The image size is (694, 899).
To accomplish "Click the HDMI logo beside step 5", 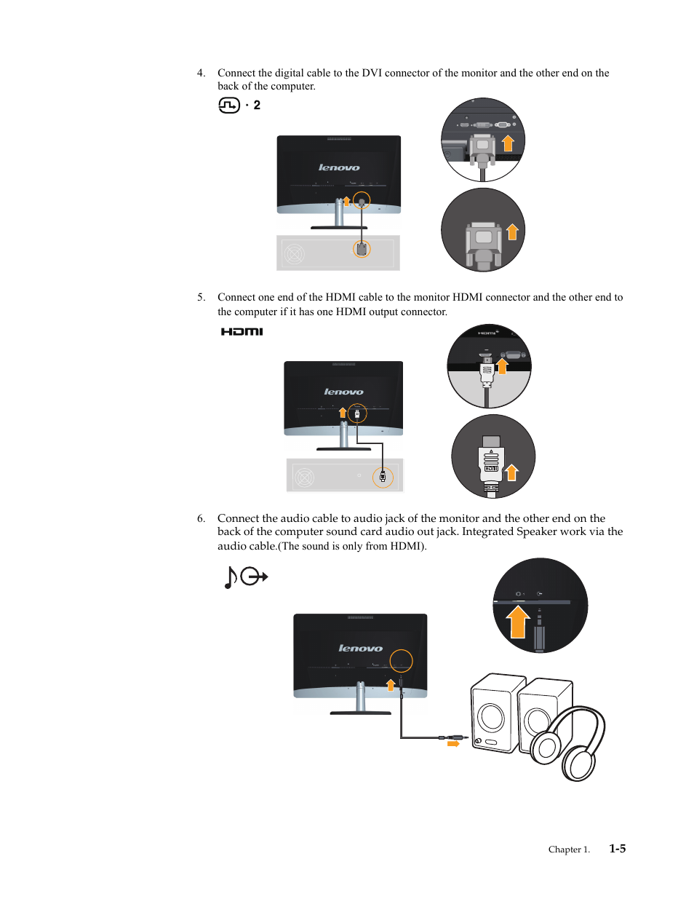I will (x=242, y=332).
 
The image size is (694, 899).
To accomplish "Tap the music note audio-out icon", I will (x=245, y=577).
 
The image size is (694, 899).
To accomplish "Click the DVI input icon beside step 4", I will (x=229, y=106).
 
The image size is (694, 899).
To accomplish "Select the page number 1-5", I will (x=617, y=849).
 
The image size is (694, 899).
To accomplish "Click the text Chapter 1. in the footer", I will (x=569, y=850).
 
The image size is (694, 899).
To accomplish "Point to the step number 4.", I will (x=201, y=73).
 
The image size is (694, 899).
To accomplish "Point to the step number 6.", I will (x=201, y=518).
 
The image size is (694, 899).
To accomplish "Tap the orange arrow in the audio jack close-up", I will (x=517, y=622).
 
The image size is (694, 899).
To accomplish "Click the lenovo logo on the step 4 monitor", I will (x=339, y=167).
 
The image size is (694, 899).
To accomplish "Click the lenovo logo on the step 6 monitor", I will (x=360, y=648).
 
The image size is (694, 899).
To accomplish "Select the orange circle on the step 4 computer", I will (x=362, y=249).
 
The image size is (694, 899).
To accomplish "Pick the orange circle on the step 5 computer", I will (x=383, y=478).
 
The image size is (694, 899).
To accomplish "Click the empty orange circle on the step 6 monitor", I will (x=401, y=661).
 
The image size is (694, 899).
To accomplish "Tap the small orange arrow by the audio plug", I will (x=453, y=744).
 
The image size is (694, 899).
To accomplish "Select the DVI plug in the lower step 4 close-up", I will (x=484, y=240).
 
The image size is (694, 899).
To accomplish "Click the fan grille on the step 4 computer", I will (x=294, y=254).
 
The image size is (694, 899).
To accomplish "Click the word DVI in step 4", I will (x=372, y=73).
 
